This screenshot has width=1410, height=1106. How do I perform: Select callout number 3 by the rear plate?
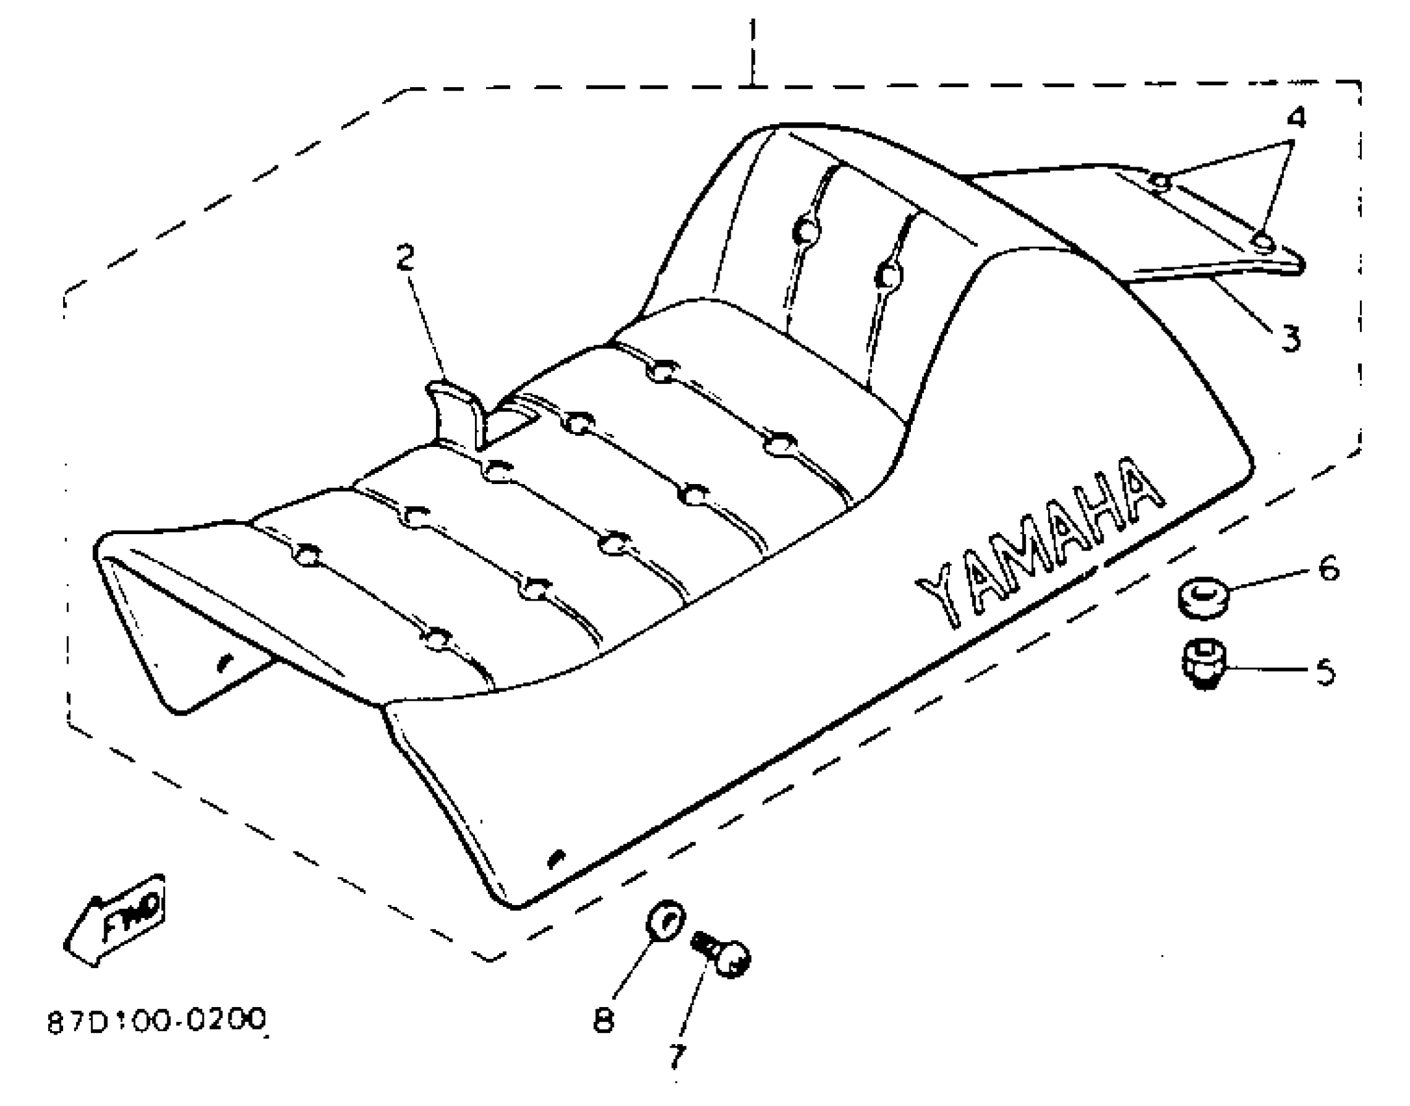point(1290,338)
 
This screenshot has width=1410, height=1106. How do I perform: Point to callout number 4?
point(1295,118)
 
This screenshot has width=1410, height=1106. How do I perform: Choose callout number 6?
point(1328,568)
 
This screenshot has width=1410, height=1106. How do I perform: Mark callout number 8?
point(603,1018)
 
